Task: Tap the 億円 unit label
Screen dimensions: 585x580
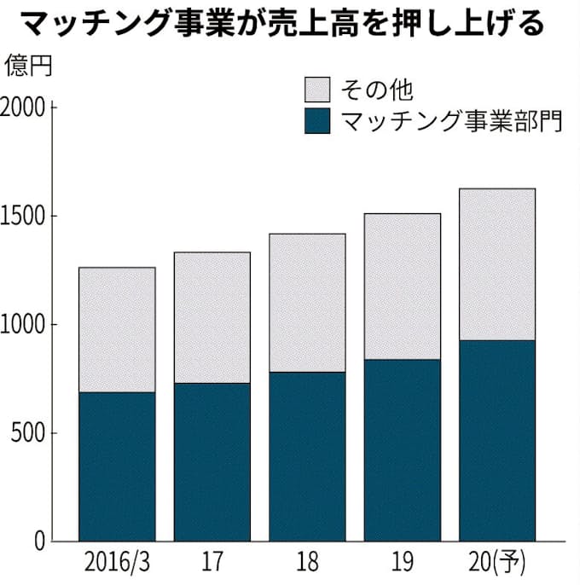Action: [x=28, y=66]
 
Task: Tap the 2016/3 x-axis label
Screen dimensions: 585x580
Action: [x=117, y=565]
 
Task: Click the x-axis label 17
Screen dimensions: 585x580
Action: [x=212, y=565]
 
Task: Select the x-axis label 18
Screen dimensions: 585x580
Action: [x=307, y=565]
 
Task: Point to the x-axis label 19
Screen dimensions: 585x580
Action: [x=402, y=565]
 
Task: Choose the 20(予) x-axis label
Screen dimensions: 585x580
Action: [x=497, y=565]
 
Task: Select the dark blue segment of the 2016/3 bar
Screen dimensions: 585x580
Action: [x=117, y=466]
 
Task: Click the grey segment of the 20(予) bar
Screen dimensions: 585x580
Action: [x=497, y=264]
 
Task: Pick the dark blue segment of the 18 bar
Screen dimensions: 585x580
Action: [x=307, y=456]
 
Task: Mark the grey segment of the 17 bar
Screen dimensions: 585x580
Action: [x=212, y=317]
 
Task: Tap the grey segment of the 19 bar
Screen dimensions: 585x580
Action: [x=402, y=287]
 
